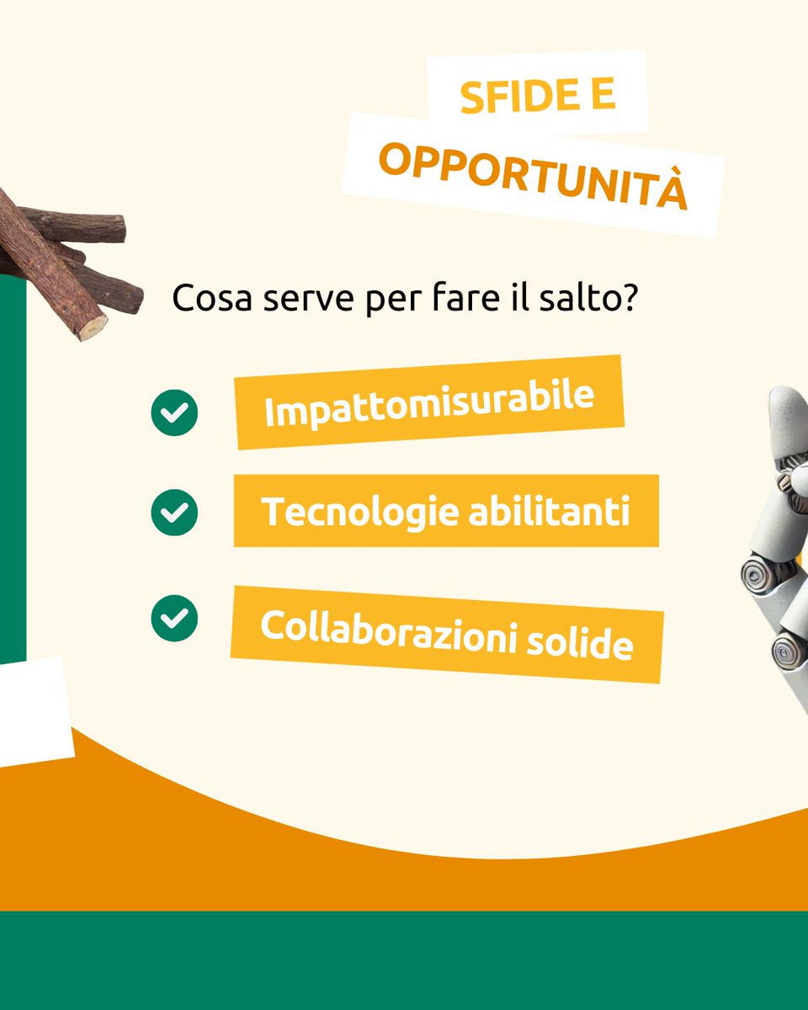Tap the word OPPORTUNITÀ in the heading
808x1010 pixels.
tap(532, 174)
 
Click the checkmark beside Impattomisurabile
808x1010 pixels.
tap(174, 412)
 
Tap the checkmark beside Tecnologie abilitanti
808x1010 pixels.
tap(174, 512)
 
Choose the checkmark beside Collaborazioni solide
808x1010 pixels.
tap(174, 618)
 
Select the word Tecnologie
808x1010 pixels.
tap(353, 512)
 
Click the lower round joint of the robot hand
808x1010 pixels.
tap(789, 650)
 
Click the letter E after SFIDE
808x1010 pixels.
tap(602, 96)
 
